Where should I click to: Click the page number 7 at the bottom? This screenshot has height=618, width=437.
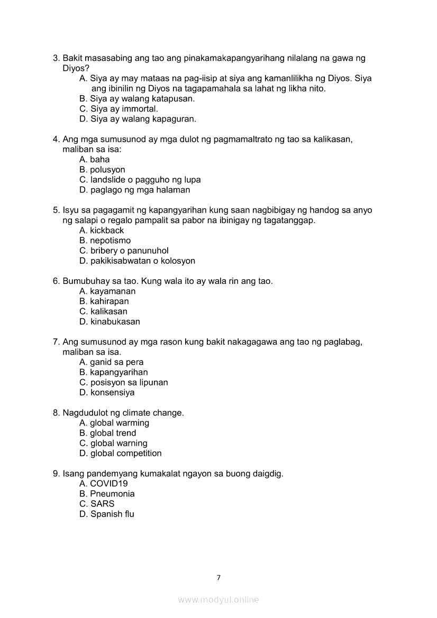(x=218, y=578)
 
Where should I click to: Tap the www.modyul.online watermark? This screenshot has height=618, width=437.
(x=218, y=600)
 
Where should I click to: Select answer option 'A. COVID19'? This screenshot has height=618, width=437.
(x=104, y=484)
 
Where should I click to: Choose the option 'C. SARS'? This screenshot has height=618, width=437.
(x=97, y=504)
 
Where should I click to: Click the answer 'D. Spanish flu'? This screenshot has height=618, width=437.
(x=107, y=514)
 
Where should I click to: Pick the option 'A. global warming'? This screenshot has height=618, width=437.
(x=114, y=423)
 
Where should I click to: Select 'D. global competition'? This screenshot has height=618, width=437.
(x=121, y=453)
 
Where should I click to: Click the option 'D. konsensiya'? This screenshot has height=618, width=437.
(x=107, y=392)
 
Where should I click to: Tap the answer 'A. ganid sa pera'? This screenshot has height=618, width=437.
(x=112, y=362)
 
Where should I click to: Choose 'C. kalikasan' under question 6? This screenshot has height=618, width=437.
(x=103, y=311)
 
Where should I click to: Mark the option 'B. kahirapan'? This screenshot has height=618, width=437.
(x=104, y=301)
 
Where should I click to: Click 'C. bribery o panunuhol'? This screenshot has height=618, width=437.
(x=124, y=251)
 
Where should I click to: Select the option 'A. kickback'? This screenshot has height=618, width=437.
(x=102, y=230)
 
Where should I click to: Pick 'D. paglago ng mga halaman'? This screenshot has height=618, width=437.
(x=134, y=190)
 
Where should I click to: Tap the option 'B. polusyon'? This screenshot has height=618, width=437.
(x=102, y=170)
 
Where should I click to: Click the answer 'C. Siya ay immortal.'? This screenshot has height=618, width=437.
(x=119, y=109)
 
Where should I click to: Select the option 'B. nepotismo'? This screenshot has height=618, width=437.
(x=105, y=241)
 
